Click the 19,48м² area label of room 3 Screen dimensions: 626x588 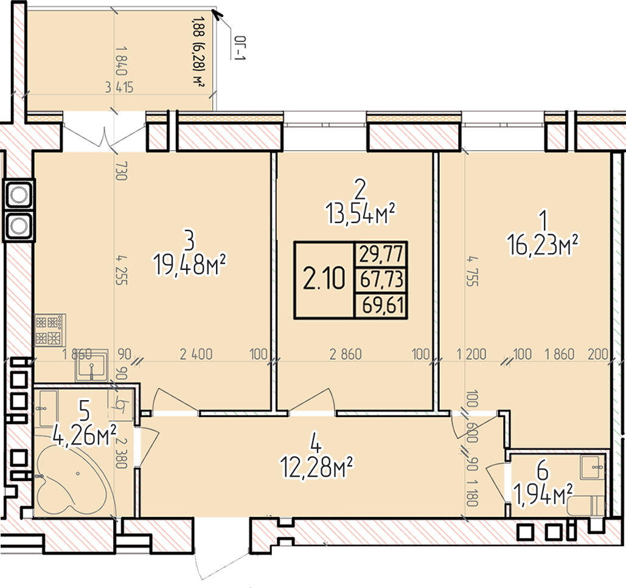pos(190,265)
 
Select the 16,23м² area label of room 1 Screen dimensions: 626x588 pos(543,244)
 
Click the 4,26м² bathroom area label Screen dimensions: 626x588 pos(84,434)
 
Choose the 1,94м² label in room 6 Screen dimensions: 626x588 pos(543,494)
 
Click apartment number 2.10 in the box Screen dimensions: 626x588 pos(324,279)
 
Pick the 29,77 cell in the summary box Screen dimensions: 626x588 pos(381,254)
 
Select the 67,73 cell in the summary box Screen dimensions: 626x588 pos(381,279)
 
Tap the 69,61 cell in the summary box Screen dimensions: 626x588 pos(383,306)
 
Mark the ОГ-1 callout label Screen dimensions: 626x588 pos(239,49)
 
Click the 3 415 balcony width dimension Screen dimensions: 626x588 pos(119,88)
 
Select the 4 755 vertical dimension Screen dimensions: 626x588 pos(473,271)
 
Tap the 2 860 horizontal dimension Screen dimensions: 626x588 pos(346,355)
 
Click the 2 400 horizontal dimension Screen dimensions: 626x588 pos(196,355)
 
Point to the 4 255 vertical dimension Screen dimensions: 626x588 pos(122,270)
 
